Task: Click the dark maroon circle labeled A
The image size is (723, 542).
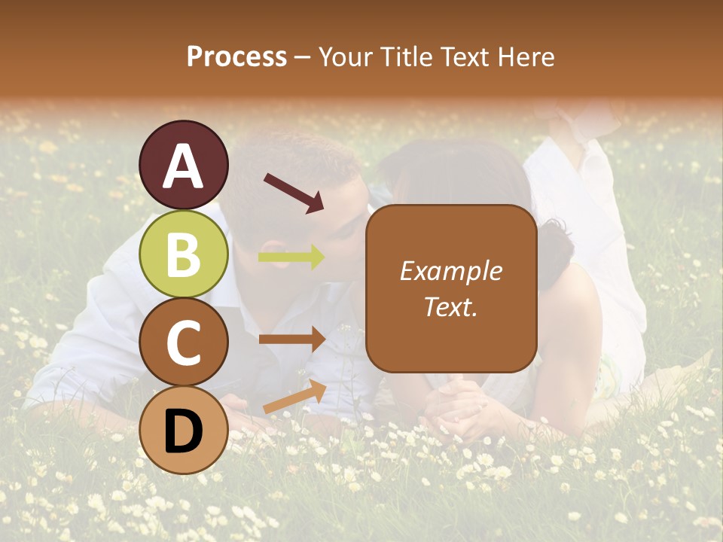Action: (x=184, y=165)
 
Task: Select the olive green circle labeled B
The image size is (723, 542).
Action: (x=184, y=254)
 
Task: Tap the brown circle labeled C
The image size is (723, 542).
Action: (x=184, y=343)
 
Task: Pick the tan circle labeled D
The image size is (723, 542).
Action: (x=184, y=430)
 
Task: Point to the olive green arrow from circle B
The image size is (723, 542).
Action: (x=291, y=257)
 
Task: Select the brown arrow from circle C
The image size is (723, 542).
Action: (x=291, y=340)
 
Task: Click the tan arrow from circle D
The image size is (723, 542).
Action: (x=294, y=397)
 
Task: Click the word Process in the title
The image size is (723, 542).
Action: (x=236, y=56)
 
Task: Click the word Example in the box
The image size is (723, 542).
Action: (x=450, y=271)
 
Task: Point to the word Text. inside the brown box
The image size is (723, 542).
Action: (x=450, y=306)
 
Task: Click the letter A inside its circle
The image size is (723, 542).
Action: (x=184, y=166)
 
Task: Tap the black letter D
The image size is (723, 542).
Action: (x=184, y=431)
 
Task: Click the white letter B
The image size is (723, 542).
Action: (x=184, y=254)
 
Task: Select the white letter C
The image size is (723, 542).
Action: (x=184, y=343)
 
